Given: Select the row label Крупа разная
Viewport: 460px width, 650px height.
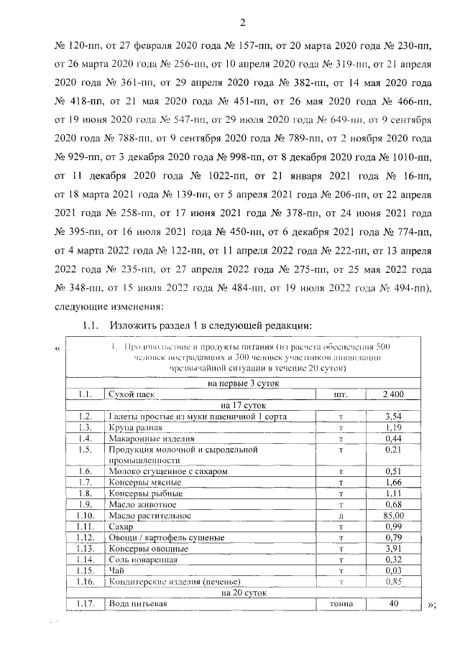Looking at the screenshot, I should (x=129, y=427).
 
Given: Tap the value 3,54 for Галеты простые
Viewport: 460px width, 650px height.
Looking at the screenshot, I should (x=392, y=416).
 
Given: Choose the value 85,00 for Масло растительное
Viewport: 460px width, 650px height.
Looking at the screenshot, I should (x=392, y=515).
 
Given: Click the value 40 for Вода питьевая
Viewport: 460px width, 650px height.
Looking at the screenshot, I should (x=392, y=604).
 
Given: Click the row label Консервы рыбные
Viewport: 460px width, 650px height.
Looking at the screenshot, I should (x=135, y=493).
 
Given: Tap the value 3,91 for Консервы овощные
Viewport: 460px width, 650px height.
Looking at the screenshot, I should (x=392, y=548).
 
